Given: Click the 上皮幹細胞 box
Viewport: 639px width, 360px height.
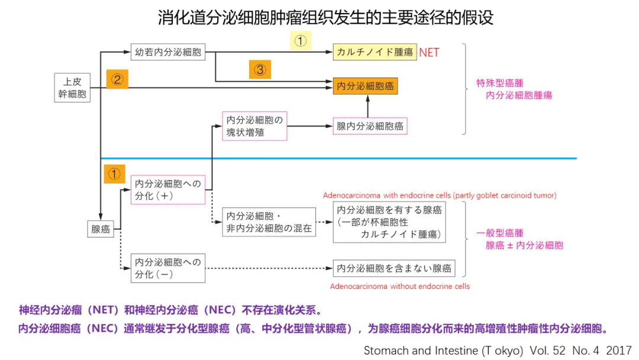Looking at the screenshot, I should point(73,88).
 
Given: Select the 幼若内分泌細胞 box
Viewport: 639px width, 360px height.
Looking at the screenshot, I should point(168,52).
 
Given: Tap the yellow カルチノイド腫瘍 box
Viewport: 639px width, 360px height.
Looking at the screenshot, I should point(375,52).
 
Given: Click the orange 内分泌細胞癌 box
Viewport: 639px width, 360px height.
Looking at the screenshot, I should point(365,86).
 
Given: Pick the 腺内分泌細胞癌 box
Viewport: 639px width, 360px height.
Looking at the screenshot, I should point(370,126).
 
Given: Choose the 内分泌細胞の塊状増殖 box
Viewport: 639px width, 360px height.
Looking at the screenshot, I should point(254,126).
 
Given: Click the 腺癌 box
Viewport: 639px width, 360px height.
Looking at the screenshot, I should point(101,229).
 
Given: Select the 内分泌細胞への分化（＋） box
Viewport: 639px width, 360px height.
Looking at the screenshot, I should point(168,189).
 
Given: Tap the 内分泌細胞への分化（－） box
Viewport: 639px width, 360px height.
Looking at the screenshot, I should point(168,268).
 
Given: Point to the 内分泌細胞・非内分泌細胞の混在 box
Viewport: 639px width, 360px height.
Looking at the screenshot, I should point(269,222).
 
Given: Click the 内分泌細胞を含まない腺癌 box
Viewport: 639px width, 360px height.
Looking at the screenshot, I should point(394,268).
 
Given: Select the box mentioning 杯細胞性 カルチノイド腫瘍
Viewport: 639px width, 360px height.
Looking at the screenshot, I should point(389,222).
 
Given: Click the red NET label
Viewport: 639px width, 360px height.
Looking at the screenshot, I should point(429,53).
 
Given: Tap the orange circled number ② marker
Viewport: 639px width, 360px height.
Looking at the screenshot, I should point(117,79).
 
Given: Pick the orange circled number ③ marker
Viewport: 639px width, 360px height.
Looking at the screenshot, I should point(260,70).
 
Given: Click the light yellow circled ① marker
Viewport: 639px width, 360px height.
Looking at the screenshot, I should point(300,41).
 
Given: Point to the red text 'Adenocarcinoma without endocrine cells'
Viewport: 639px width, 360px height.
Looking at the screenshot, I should point(400,287).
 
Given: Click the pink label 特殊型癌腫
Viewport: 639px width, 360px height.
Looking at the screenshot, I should point(500,83).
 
